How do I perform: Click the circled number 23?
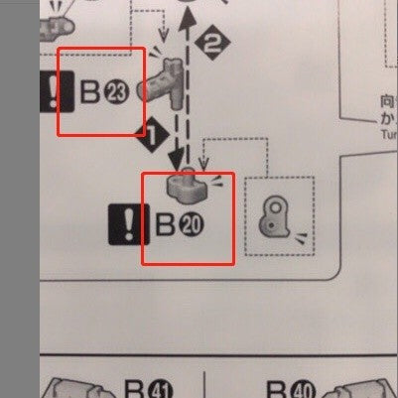tap(116, 93)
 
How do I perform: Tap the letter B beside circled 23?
tap(90, 93)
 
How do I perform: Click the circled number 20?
tap(192, 224)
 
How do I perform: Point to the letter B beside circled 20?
tap(166, 224)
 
